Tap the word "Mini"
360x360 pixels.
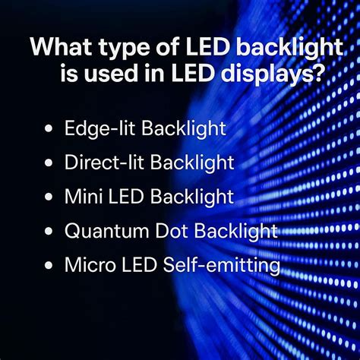coord(81,197)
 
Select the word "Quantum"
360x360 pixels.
coord(104,232)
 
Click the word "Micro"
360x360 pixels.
coord(86,266)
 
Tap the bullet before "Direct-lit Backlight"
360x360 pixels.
coord(49,163)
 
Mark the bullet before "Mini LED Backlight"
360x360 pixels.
coord(49,197)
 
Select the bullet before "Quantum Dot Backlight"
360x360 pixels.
coord(49,232)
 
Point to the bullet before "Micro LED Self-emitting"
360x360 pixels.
coord(49,266)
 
